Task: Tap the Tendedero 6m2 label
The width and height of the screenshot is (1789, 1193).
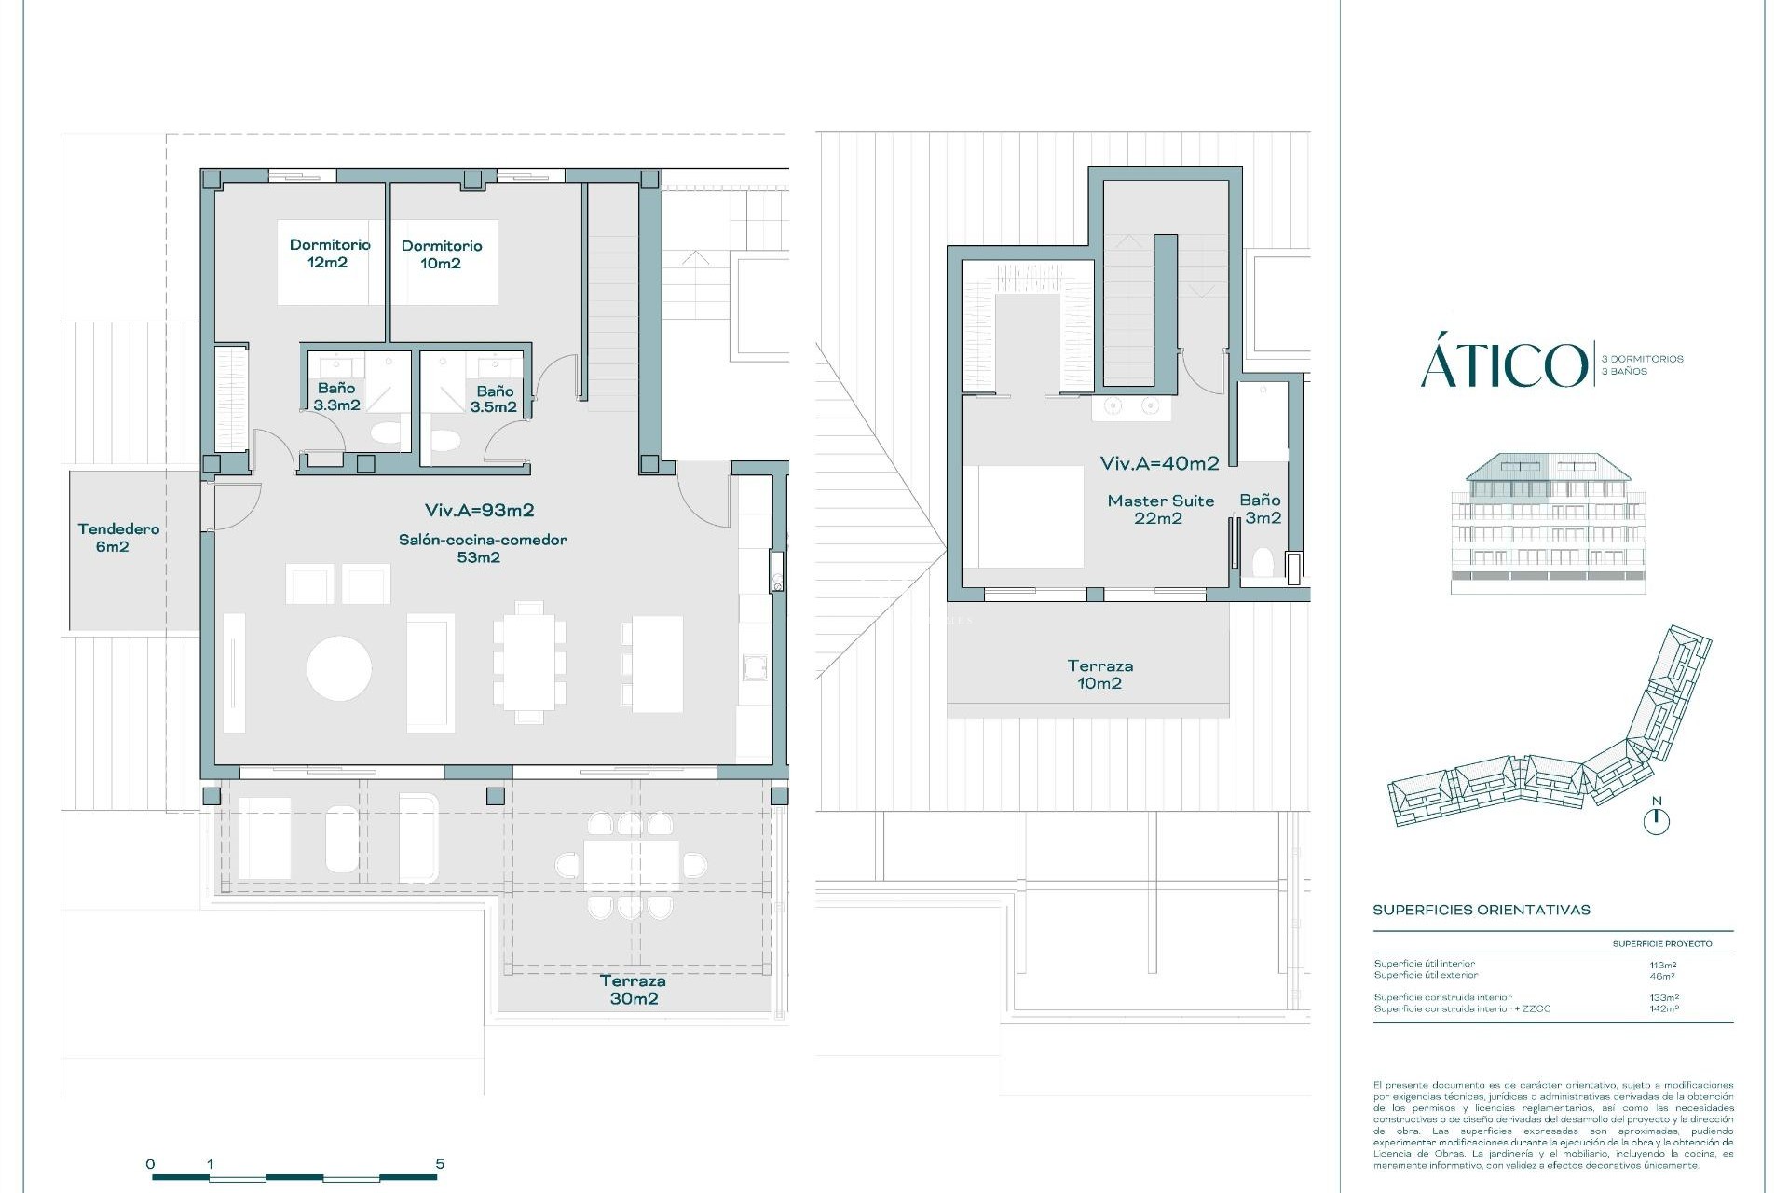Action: tap(117, 538)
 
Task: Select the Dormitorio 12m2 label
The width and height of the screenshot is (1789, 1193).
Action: tap(329, 254)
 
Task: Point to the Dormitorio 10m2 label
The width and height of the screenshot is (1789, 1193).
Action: tap(441, 254)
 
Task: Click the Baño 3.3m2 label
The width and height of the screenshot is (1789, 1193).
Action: tap(336, 396)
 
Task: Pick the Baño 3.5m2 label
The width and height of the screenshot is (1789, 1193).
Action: tap(494, 399)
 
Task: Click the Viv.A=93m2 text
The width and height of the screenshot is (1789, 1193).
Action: tap(479, 510)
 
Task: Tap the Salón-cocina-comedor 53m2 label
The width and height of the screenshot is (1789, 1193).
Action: tap(482, 548)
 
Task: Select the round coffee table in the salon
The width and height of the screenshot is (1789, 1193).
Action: tap(339, 668)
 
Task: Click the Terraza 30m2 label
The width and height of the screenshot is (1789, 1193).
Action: tap(634, 990)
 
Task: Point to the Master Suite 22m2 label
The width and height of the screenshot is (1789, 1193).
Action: tap(1160, 510)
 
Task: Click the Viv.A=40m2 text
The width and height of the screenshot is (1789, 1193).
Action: tap(1159, 463)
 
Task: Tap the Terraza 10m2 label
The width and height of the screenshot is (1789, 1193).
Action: tap(1099, 675)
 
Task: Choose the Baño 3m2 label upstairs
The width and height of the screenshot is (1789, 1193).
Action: tap(1261, 509)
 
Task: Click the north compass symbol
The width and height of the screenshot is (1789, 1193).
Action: tap(1657, 819)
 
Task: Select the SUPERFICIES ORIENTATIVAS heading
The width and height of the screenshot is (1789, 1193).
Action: tap(1481, 910)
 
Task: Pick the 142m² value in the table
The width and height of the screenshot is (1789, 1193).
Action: tap(1662, 1008)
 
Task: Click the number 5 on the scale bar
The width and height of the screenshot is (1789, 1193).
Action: tap(440, 1163)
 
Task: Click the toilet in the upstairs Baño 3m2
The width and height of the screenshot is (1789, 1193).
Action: tap(1263, 565)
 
